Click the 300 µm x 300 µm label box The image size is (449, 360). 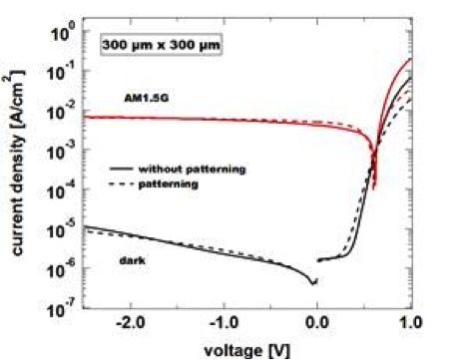pyautogui.click(x=158, y=45)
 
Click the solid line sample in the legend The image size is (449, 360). pyautogui.click(x=124, y=169)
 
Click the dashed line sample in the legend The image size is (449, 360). pyautogui.click(x=124, y=184)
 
